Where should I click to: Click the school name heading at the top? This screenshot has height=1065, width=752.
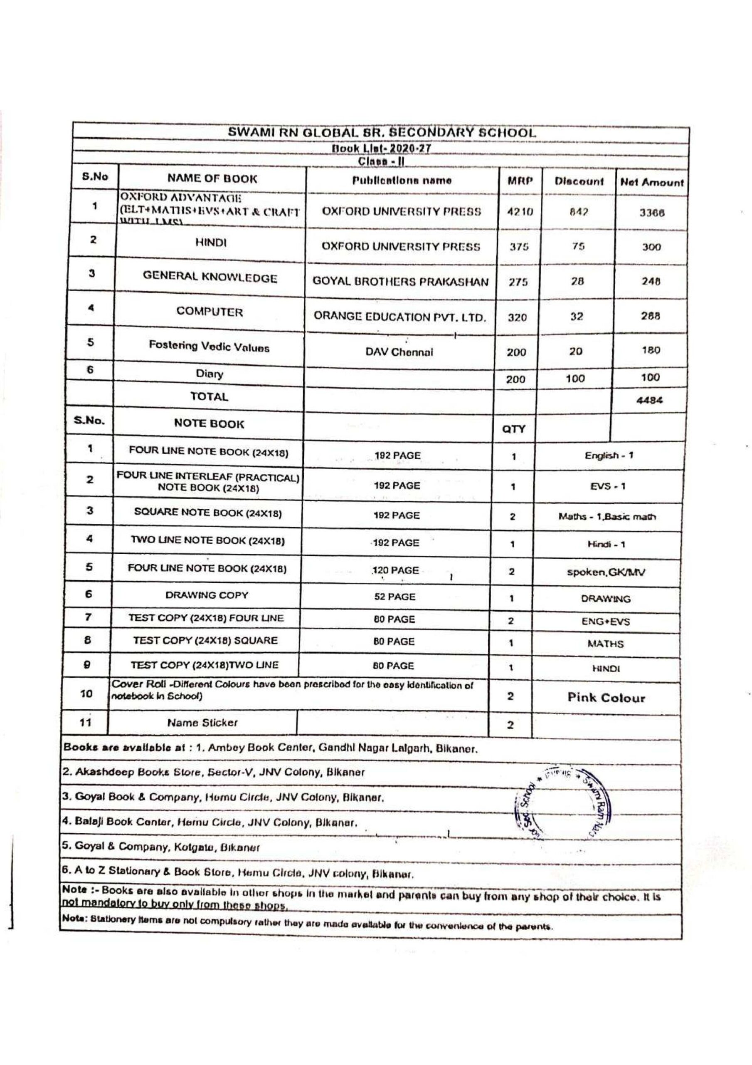pos(382,133)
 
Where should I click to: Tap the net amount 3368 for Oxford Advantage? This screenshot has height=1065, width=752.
pos(651,213)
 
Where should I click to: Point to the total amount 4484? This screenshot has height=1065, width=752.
pos(650,400)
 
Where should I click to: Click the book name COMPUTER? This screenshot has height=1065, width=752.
pos(209,312)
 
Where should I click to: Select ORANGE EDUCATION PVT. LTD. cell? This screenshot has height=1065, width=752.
pos(399,317)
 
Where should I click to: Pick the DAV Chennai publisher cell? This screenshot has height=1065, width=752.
pos(399,352)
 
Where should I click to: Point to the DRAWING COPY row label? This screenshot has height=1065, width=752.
pos(207,595)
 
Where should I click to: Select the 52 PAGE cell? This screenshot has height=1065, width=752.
pos(394,597)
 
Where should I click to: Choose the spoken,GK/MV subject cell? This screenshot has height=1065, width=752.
pos(606,572)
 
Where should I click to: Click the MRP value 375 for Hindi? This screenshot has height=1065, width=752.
pos(519,247)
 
